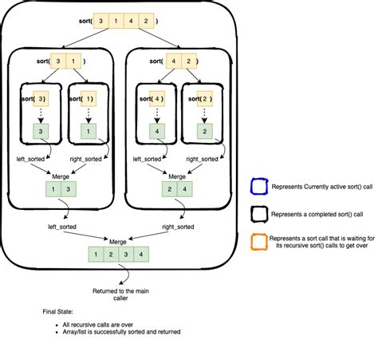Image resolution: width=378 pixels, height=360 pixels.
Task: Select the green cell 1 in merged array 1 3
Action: [53, 189]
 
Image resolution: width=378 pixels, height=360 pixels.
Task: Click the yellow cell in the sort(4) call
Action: [159, 99]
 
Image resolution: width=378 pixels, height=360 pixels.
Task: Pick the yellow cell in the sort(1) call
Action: [89, 99]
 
